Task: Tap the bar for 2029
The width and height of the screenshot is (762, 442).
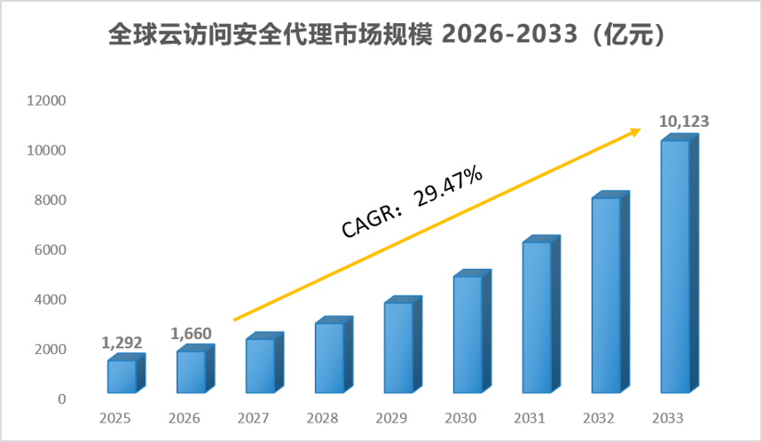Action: pos(403,344)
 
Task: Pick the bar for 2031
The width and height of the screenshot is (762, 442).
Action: pos(541,314)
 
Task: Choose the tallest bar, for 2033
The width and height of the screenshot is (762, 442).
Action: pos(680,264)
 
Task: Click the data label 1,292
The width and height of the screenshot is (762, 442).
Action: pos(122,343)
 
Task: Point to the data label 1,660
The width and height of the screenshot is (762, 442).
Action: pos(191,334)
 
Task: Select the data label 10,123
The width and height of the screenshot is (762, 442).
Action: pos(684,121)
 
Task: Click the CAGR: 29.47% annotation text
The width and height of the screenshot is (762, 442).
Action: pos(412,201)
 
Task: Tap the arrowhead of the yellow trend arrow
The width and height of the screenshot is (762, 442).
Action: pos(636,131)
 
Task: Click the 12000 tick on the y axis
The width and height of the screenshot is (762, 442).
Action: pos(46,100)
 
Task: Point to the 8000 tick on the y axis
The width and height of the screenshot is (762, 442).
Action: pos(50,200)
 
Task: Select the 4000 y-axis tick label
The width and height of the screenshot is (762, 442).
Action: pos(50,299)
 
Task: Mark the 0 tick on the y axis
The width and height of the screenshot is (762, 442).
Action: pos(62,399)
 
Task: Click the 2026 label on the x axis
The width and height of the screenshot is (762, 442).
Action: pos(185,418)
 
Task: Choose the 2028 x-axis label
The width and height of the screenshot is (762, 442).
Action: pos(322,418)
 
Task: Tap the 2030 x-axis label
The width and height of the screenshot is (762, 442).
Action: pos(460,418)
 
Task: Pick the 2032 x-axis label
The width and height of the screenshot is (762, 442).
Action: pos(599,418)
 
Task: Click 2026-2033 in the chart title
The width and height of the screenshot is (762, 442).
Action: pos(510,34)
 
